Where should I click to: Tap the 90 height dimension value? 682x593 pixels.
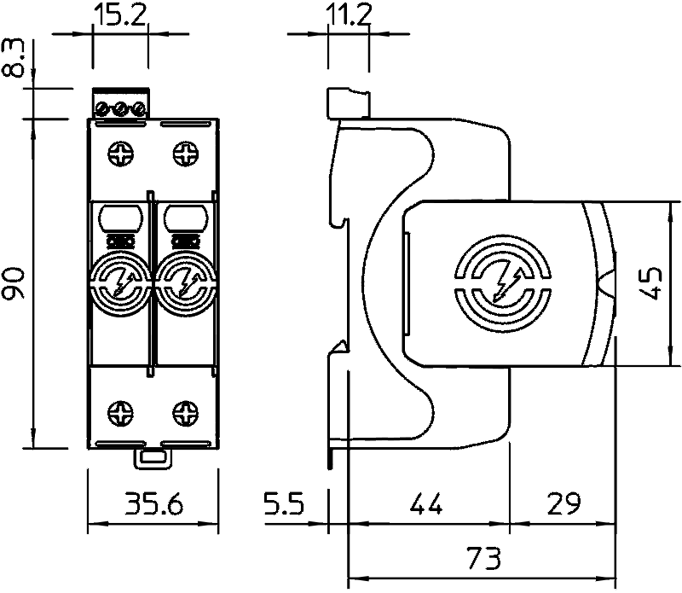point(13,283)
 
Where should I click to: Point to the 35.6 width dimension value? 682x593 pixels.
point(154,503)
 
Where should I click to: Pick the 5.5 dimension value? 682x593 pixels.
point(285,503)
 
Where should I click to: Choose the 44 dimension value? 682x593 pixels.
point(426,503)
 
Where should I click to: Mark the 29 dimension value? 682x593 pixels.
point(564,503)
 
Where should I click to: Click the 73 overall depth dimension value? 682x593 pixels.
point(483,558)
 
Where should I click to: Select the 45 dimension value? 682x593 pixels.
point(651,283)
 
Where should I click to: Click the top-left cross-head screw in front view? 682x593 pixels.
point(120,153)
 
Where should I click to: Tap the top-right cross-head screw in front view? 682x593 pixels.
point(186,153)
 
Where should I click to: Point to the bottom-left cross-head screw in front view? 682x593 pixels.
point(120,413)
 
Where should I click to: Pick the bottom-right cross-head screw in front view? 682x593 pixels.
point(186,413)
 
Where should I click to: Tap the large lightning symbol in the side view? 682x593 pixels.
point(506,281)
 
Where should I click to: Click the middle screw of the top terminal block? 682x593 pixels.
point(121,109)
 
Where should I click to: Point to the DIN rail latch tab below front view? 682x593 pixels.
point(153,458)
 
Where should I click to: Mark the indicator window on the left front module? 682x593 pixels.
point(120,218)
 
